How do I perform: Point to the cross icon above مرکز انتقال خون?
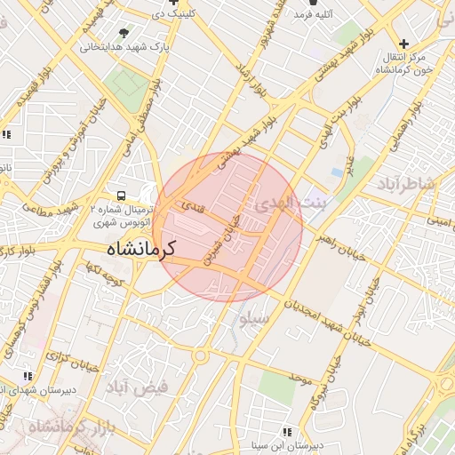coord(404,43)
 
